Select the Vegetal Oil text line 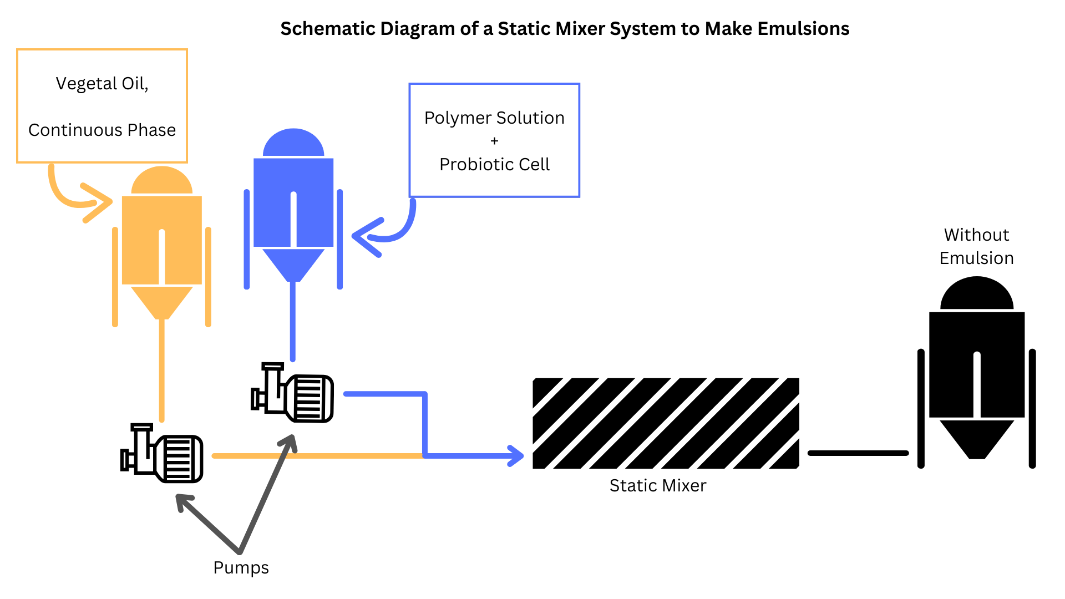[102, 84]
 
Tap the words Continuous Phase [102, 130]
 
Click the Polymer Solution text [494, 118]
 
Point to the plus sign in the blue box [494, 141]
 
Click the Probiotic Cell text [494, 165]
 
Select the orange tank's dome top [161, 182]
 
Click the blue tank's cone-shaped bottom [293, 263]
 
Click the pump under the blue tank [293, 394]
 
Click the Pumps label [241, 568]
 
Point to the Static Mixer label [658, 486]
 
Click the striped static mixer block [666, 424]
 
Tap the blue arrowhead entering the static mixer [517, 456]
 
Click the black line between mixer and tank [858, 453]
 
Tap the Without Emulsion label [976, 247]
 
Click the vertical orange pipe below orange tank [162, 372]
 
